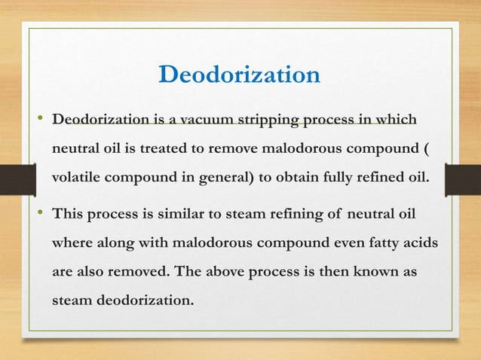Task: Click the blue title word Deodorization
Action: click(240, 75)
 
